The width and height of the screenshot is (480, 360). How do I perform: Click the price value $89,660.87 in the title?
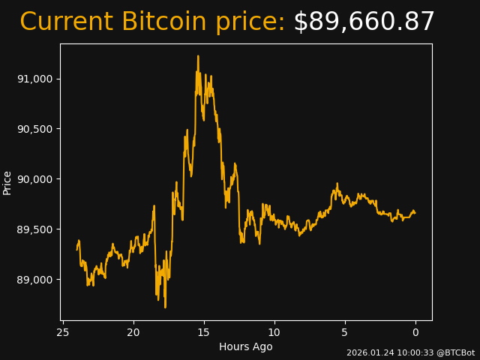364,22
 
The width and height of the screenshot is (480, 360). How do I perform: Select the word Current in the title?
67,22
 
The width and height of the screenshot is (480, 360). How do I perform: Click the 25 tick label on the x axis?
63,332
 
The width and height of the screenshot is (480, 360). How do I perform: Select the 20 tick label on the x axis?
133,332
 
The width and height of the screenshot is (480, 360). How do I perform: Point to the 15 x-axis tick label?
204,332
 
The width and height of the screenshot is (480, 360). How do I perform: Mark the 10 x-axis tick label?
274,332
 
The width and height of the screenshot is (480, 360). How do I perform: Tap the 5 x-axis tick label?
345,332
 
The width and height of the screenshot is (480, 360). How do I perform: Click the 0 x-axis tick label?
415,332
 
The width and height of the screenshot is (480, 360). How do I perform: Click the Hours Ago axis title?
246,346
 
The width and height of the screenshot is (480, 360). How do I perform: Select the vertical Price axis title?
7,182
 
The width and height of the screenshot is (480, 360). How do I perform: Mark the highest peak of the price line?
198,55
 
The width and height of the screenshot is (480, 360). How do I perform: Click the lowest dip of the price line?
165,307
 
